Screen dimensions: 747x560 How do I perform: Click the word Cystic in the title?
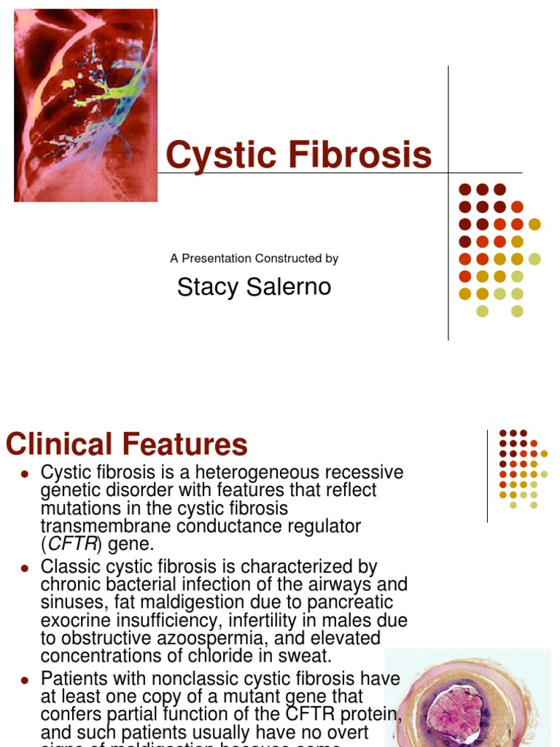coord(217,155)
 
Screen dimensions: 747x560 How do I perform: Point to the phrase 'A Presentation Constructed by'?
coord(254,258)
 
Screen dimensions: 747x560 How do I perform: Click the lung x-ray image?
coord(85,106)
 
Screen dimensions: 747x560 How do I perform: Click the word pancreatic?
coord(351,603)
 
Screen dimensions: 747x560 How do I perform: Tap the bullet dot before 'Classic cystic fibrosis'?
coord(24,568)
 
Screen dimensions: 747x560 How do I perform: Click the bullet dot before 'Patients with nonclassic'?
coord(24,680)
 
